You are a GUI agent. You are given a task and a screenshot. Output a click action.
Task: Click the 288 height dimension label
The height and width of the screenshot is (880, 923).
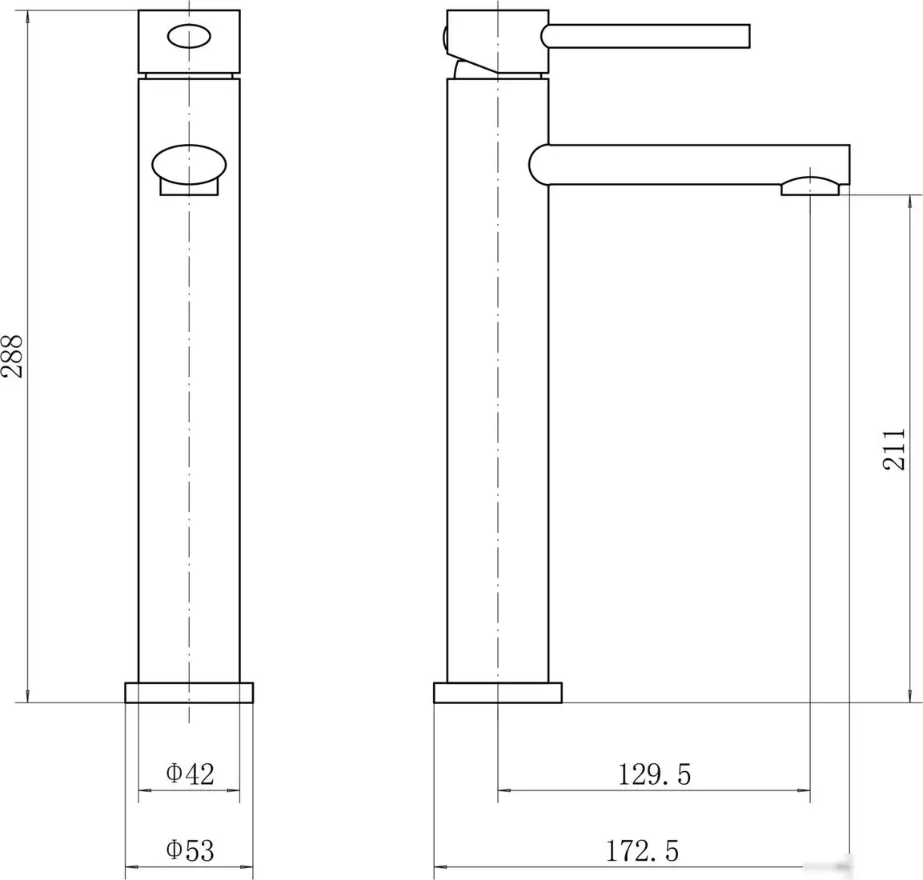[x=13, y=355]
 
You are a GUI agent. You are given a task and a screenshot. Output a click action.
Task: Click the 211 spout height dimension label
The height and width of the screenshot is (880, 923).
[x=894, y=449]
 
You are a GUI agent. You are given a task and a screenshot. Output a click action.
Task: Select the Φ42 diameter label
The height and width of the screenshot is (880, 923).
[x=190, y=774]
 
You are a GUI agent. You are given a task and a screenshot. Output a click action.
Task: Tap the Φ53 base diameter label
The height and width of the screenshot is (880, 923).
[x=190, y=850]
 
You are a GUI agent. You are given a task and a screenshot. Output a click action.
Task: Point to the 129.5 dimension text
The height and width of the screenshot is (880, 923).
[x=654, y=774]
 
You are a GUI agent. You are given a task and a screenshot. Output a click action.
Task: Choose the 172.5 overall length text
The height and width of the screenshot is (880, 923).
[x=642, y=850]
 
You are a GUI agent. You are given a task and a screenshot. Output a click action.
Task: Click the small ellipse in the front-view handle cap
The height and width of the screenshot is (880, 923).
[x=189, y=36]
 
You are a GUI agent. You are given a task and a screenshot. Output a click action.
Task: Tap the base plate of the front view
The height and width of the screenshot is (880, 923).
[x=189, y=693]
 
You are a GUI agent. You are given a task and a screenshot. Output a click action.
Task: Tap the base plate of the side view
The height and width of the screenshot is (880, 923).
[x=497, y=693]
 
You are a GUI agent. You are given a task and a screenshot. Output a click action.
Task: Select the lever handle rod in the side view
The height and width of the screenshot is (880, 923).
[x=648, y=36]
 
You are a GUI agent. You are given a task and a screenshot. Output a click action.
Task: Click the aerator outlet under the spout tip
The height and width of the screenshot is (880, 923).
[x=810, y=187]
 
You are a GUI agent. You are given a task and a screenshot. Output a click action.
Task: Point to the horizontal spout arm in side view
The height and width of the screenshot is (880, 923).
[x=696, y=164]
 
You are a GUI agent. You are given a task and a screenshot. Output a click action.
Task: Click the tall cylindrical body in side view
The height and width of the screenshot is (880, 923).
[x=497, y=400]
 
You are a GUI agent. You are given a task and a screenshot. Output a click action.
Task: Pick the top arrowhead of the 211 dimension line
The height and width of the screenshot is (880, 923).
[x=910, y=202]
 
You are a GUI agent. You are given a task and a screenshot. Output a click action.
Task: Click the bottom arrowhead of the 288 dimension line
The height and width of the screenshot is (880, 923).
[x=29, y=694]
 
